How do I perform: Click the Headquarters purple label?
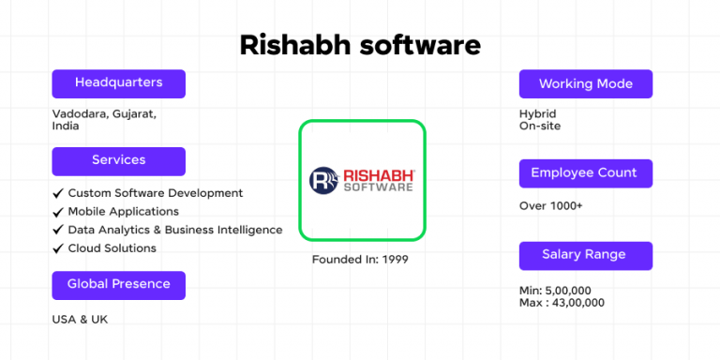coord(118,83)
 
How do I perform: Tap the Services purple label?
coord(118,160)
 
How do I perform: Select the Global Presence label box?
coord(118,284)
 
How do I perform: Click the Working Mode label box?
coord(585,84)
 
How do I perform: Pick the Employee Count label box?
coord(585,173)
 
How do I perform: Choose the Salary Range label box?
coord(585,255)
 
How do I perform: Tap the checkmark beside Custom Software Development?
coord(58,193)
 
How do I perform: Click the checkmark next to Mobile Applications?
coord(58,212)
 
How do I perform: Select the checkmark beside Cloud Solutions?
coord(58,248)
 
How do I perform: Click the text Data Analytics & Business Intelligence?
coord(174,230)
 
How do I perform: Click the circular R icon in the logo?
coord(323,180)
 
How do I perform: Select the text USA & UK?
coord(80,320)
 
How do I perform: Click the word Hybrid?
coord(537,113)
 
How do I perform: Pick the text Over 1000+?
coord(550,205)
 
